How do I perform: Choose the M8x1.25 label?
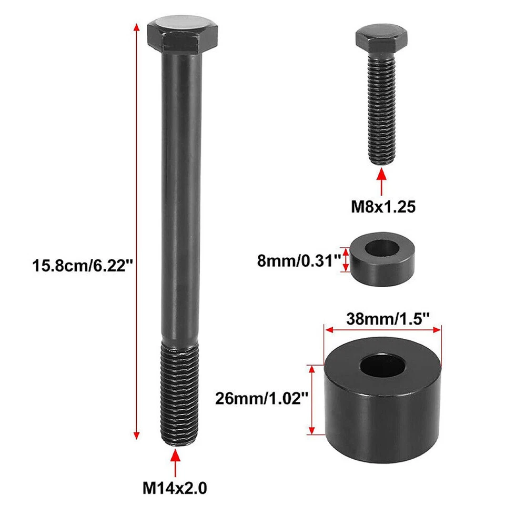tap(383, 207)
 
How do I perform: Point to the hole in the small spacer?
tap(381, 248)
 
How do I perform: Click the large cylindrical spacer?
tap(382, 405)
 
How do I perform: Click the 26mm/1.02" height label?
tap(261, 399)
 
